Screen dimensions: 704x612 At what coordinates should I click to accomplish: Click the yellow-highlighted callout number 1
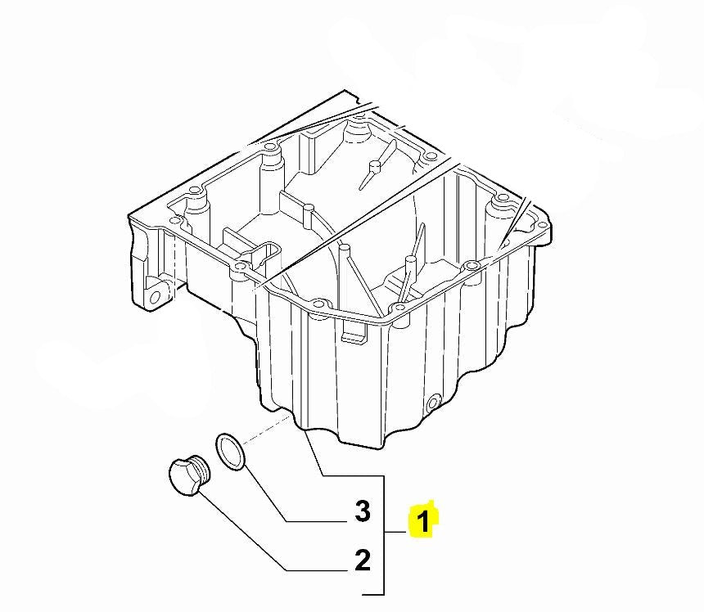pyautogui.click(x=423, y=521)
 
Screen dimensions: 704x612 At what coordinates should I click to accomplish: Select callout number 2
pyautogui.click(x=363, y=560)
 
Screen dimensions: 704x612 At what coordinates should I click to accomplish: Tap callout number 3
pyautogui.click(x=363, y=511)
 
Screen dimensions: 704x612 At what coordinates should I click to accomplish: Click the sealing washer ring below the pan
pyautogui.click(x=231, y=452)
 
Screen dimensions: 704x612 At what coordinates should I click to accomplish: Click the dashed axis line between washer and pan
pyautogui.click(x=266, y=432)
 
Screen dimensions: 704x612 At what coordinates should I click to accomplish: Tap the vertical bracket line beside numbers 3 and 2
pyautogui.click(x=384, y=535)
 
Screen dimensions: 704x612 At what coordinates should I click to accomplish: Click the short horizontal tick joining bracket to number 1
pyautogui.click(x=395, y=532)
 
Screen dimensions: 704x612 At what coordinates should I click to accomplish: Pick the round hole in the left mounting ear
pyautogui.click(x=155, y=297)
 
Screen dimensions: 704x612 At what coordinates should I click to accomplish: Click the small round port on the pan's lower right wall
pyautogui.click(x=433, y=402)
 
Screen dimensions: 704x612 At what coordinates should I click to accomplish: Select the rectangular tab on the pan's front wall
pyautogui.click(x=354, y=331)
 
